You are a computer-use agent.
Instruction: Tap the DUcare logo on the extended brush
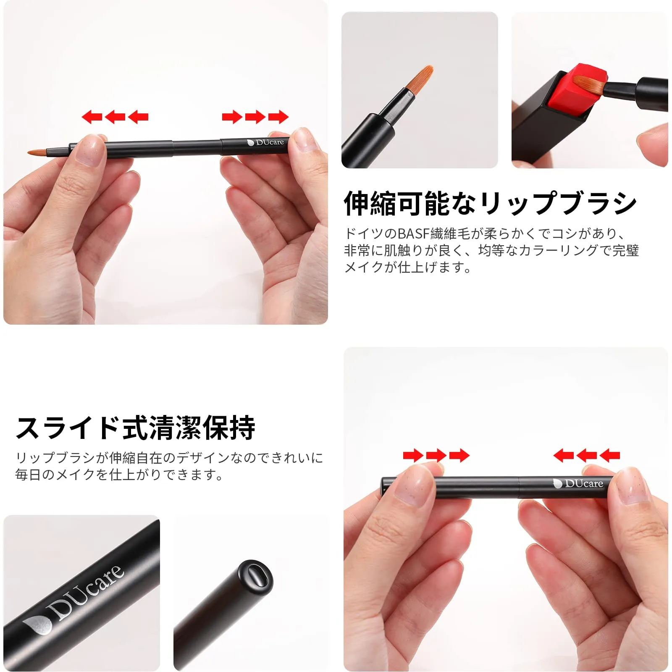[265, 142]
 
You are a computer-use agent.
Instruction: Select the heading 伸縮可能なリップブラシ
[490, 203]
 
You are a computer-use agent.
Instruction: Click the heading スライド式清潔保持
[136, 428]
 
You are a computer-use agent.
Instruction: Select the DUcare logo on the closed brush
[578, 484]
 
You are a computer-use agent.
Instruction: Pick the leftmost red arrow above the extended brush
[92, 117]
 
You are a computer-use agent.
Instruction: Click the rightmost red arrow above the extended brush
[278, 117]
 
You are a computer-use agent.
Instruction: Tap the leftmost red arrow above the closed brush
[413, 455]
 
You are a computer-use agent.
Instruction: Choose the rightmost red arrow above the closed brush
[609, 455]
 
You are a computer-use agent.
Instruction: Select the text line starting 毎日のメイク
[119, 475]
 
